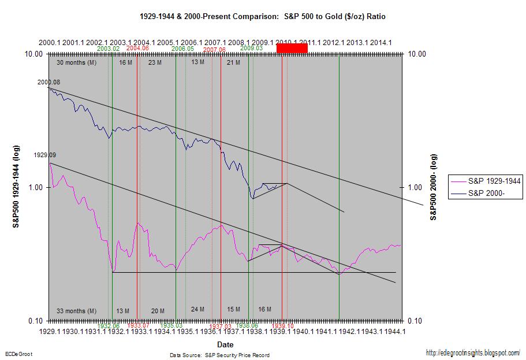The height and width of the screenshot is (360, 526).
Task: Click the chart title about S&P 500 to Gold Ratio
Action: pos(263,17)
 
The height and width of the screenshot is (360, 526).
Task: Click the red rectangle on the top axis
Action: pos(292,49)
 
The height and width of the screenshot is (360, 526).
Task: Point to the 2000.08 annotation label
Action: pos(49,82)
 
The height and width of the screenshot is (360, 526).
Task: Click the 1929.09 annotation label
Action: pos(47,155)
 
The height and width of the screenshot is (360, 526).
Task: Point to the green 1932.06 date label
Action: pos(109,326)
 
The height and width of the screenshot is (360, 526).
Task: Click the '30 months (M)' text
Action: pos(77,62)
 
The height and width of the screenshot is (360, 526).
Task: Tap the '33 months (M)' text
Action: pos(76,311)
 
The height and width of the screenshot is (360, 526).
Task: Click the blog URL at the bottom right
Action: pos(473,352)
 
